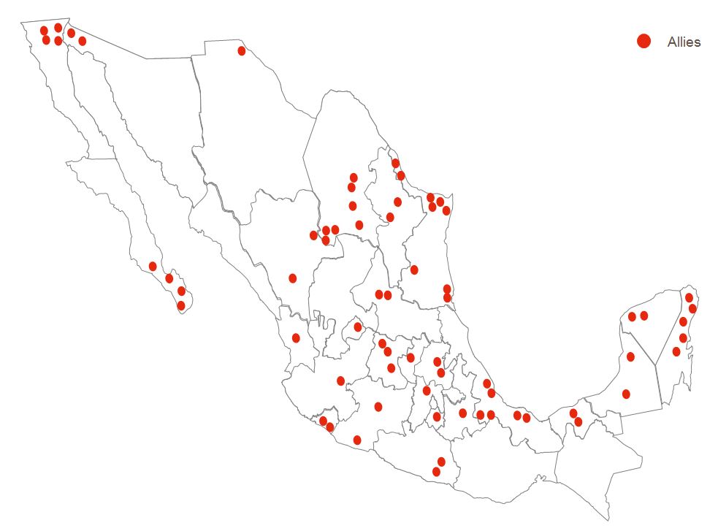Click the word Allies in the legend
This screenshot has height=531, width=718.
point(684,42)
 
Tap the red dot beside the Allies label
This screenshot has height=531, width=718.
point(643,42)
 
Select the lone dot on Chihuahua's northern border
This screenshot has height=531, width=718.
point(242,50)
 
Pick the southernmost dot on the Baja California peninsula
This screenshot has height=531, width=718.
point(181,305)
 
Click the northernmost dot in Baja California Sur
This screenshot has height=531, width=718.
point(153,266)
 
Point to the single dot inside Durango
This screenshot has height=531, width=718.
point(293,278)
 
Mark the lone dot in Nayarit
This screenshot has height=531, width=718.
point(296,337)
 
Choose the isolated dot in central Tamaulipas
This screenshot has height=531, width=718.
point(414,270)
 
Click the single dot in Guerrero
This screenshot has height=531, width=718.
point(357,440)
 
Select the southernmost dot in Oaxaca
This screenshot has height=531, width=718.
point(436,472)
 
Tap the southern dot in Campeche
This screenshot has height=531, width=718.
point(626,394)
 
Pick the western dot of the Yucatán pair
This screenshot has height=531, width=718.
point(632,316)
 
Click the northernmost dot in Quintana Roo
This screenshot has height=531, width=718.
point(689,297)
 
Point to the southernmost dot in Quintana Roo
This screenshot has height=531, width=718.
point(676,351)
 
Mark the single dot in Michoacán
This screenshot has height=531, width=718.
point(378,407)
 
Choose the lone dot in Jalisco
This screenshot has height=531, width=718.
point(340,381)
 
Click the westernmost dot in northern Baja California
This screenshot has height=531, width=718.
point(44,31)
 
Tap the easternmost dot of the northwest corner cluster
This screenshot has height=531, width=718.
point(82,41)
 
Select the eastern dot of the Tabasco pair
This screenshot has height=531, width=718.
point(578,421)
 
